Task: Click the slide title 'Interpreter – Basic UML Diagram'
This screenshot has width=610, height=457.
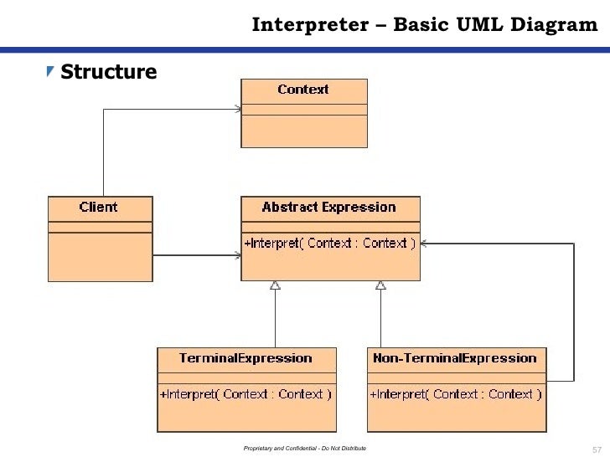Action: [425, 25]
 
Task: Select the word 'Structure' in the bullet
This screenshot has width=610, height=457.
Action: [108, 73]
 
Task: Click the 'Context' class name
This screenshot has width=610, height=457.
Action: [303, 90]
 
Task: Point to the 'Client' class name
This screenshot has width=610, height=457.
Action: [99, 208]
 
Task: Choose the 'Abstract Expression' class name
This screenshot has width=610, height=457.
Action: [328, 208]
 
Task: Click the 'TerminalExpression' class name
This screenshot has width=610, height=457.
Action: [246, 358]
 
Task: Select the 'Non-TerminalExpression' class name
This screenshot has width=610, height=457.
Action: [455, 358]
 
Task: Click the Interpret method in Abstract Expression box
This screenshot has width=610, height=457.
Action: [329, 243]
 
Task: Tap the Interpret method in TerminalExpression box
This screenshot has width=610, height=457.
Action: [246, 393]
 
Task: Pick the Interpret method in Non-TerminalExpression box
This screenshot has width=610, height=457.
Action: [455, 393]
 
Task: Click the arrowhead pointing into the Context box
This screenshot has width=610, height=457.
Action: [238, 109]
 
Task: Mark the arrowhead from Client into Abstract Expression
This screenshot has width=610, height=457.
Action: [237, 255]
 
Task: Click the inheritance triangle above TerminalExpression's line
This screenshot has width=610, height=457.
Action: [275, 286]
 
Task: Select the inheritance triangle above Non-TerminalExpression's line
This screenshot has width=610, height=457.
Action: [380, 286]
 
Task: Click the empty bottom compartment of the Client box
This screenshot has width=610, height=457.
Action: [101, 256]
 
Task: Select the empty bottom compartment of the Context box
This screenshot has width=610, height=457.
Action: [303, 131]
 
